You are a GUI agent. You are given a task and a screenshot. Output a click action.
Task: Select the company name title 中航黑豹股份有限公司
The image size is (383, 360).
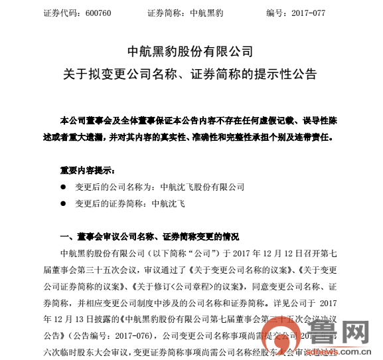coord(191,51)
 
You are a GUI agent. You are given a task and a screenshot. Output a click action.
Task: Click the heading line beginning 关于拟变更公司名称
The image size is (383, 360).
coord(191,72)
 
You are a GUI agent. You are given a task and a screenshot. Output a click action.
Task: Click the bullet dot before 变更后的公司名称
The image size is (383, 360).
coord(64,187)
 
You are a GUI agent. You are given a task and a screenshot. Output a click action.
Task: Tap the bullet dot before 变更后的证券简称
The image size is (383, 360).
coord(64,204)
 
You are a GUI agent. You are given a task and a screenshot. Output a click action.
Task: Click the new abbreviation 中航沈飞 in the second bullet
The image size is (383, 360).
coord(169,204)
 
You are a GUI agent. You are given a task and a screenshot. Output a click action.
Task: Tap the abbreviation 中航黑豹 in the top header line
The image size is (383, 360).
coord(208,13)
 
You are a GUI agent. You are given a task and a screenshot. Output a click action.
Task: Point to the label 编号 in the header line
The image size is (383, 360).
coord(273,13)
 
